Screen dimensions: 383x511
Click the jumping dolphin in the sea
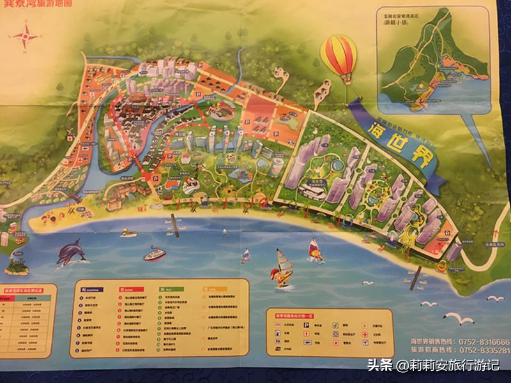pos(71,253)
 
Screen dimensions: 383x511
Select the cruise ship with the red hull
pos(154,254)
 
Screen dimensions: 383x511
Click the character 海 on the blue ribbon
pos(369,127)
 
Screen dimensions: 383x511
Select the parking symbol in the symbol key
pos(307,324)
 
